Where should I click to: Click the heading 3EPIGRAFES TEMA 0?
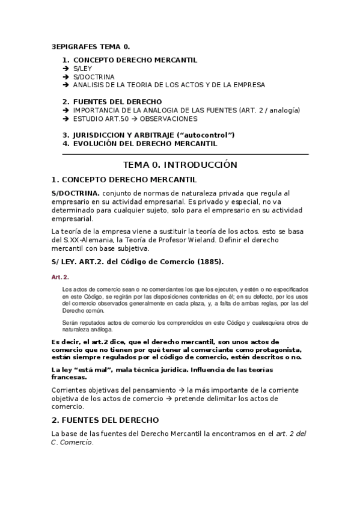click(90, 46)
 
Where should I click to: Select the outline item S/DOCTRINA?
click(94, 77)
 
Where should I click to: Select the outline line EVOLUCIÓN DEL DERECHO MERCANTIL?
click(145, 144)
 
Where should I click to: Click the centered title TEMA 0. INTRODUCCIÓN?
click(180, 164)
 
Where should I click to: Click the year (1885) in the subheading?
click(203, 262)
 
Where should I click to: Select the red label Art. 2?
click(60, 277)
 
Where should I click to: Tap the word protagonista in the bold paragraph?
click(270, 349)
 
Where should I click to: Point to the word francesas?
click(69, 377)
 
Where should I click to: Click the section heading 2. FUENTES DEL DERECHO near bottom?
click(105, 420)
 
